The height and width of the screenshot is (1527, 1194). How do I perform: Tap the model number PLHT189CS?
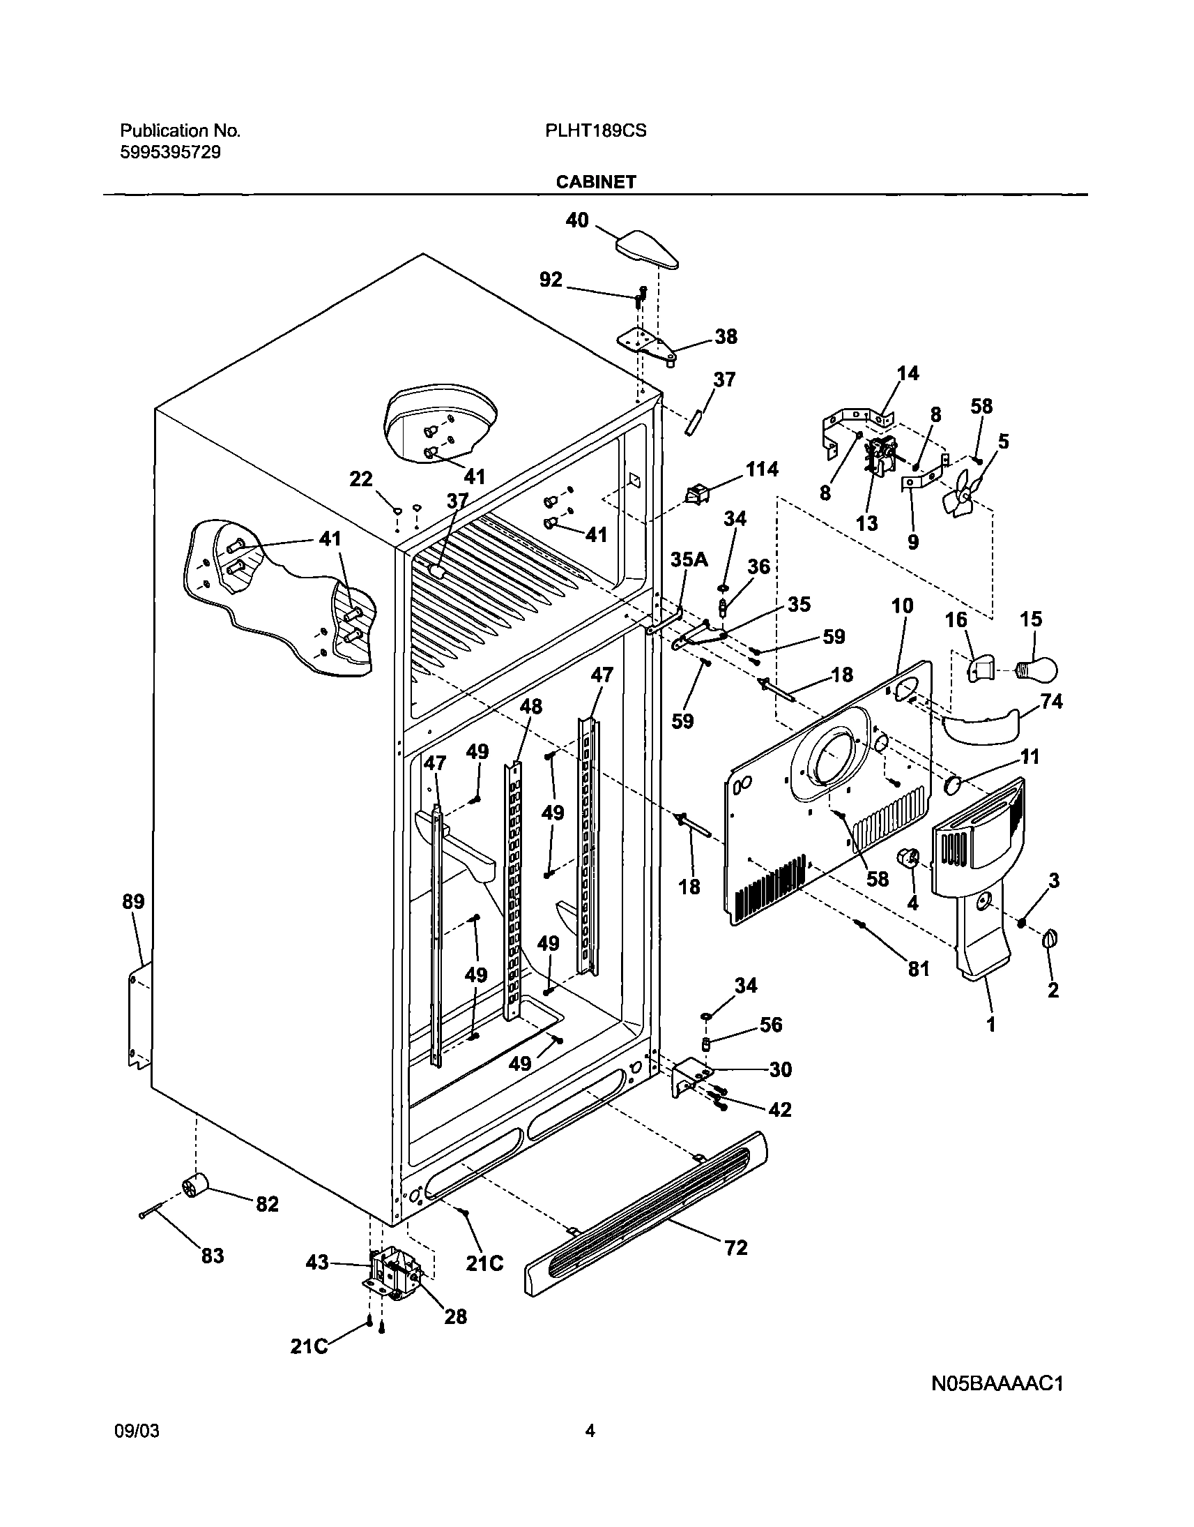595,131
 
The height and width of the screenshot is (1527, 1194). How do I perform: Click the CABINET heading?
595,182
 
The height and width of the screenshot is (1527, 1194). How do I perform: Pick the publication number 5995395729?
171,152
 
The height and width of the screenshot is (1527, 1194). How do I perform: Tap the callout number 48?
530,707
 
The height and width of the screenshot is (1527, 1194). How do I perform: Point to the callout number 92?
551,280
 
